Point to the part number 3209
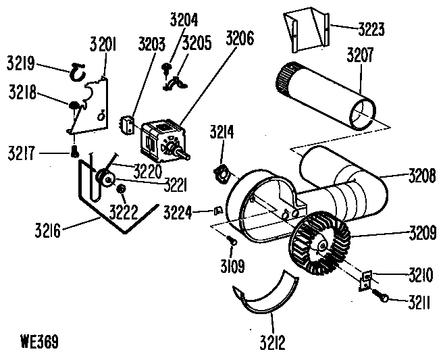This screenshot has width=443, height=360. (421, 236)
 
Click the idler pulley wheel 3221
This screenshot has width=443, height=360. (105, 179)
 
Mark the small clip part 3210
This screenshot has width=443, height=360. (366, 278)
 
